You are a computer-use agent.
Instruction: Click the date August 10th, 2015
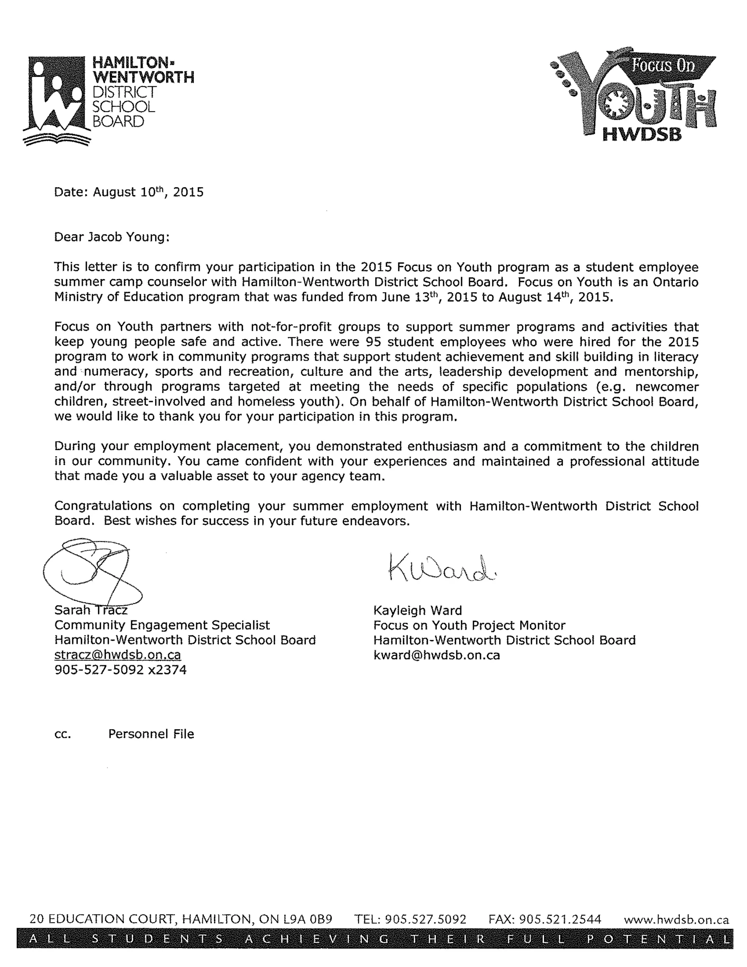coord(148,192)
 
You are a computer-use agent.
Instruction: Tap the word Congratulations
coord(102,506)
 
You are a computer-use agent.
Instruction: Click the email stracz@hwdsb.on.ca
coord(118,655)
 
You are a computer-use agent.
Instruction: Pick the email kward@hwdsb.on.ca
coord(436,655)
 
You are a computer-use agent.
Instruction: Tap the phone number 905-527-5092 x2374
coord(120,670)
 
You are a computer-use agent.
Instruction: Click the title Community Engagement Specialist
coord(162,625)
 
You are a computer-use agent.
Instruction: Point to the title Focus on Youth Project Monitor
coord(469,625)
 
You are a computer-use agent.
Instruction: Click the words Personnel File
coord(151,734)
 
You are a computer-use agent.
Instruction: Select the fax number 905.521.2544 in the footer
coord(560,920)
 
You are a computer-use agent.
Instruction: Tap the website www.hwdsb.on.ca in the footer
coord(676,920)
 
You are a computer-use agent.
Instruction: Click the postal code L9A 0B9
coord(307,920)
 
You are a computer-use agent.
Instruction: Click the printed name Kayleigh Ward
coord(417,610)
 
